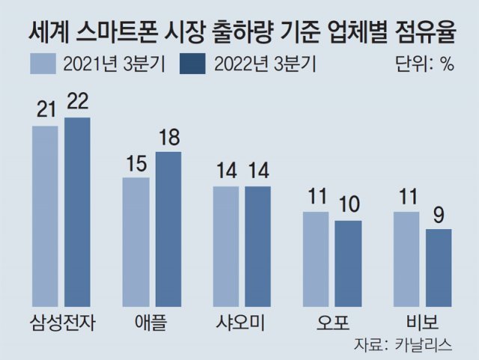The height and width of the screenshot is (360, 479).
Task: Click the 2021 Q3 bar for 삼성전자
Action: [45, 216]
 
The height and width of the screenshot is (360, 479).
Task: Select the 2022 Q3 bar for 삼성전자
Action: [77, 212]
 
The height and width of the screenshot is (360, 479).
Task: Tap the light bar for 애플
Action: [136, 242]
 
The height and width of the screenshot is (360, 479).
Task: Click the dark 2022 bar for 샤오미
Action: [257, 246]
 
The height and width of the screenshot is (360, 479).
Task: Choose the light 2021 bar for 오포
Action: [316, 259]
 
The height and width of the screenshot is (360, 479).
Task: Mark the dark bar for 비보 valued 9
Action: [439, 267]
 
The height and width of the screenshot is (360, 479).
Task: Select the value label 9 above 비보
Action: [439, 216]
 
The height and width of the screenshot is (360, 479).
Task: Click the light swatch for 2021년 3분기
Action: [43, 64]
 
